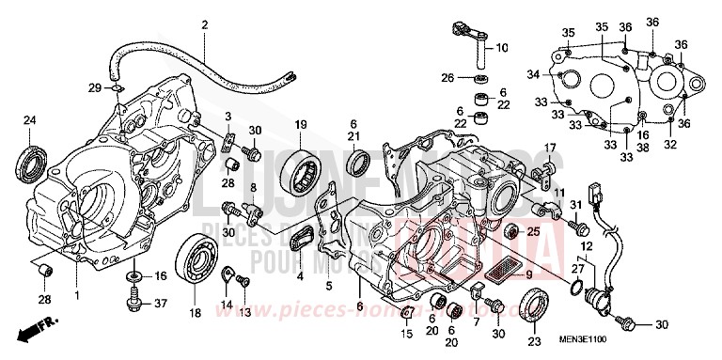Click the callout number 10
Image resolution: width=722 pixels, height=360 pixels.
point(502,47)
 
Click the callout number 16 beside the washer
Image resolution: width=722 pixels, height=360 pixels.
point(161,276)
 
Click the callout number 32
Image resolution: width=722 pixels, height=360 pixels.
point(670,145)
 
